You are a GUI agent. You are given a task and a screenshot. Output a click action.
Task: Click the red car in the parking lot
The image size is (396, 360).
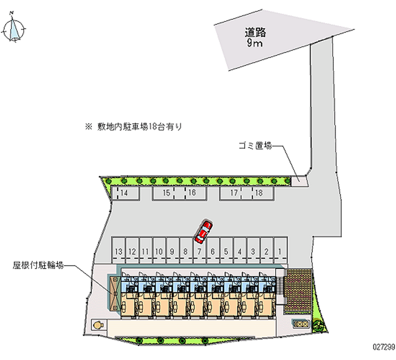[203, 232]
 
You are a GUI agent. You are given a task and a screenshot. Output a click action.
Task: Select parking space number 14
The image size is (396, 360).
[124, 193]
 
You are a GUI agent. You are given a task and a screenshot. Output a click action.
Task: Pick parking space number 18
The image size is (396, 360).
[258, 193]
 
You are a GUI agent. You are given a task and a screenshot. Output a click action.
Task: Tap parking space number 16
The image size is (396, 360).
[192, 193]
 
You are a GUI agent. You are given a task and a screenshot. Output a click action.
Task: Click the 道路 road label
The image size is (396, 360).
[255, 33]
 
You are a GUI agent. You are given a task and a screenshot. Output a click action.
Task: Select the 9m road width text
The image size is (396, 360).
[255, 43]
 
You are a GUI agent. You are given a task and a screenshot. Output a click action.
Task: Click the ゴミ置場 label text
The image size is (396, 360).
[253, 146]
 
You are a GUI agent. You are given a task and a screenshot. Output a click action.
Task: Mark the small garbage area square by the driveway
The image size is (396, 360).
[299, 180]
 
